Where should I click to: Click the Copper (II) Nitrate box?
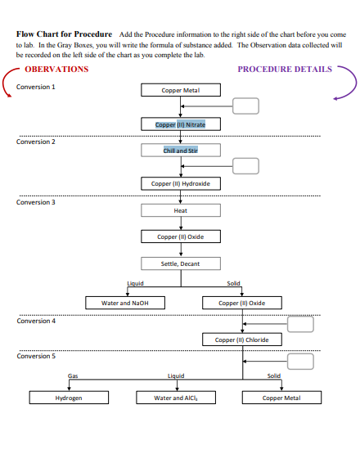[x=180, y=124]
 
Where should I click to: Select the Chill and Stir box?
[x=180, y=151]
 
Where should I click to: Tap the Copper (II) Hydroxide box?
[x=180, y=184]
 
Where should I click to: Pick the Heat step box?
[x=180, y=210]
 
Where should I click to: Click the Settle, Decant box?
[x=180, y=263]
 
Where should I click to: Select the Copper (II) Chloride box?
[x=241, y=340]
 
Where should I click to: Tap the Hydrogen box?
[x=69, y=398]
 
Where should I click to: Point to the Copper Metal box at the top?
[x=180, y=90]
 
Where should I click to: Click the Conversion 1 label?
[x=36, y=87]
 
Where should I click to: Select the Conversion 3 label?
[x=36, y=202]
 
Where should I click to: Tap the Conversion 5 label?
[x=36, y=357]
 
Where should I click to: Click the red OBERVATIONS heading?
[x=56, y=70]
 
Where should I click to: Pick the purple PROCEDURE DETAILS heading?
[x=285, y=70]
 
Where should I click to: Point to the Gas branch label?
[x=73, y=376]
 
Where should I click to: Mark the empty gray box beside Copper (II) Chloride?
[x=301, y=324]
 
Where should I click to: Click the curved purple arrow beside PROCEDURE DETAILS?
[x=345, y=82]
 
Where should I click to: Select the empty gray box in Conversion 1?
[x=245, y=105]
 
